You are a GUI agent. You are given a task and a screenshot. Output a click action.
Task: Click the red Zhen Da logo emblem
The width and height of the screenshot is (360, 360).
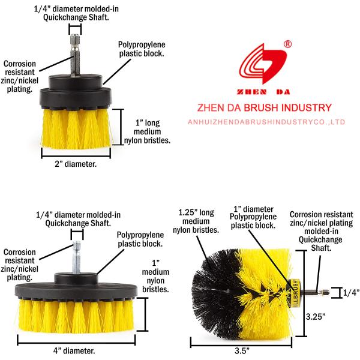pos(263,64)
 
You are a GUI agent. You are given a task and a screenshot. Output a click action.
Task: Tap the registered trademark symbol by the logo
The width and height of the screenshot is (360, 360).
pos(287,44)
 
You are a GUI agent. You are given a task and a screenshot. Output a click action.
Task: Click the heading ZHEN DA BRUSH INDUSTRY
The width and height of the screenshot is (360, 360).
pos(265,107)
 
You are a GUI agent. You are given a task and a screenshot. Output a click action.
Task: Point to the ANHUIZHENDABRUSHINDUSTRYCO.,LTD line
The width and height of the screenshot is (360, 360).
pos(266,122)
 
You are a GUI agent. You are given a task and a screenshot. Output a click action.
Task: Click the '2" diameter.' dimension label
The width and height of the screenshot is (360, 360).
pos(76,164)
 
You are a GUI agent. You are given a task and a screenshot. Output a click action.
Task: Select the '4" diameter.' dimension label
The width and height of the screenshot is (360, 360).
pos(74,351)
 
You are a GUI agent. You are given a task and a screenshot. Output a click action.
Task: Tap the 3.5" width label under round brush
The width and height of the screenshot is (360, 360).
pos(242,351)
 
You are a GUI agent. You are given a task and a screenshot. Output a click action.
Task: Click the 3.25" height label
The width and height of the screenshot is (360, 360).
pos(316,317)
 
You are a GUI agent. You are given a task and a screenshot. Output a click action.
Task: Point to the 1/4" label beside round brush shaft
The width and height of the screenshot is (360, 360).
pos(351,293)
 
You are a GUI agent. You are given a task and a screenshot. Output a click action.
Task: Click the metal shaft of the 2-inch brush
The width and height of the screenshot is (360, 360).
pos(75,55)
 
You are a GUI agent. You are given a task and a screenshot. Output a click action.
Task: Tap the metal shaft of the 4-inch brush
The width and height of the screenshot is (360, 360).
pos(76,257)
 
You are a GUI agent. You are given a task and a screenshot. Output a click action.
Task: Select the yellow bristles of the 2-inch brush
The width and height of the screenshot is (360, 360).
pos(76,128)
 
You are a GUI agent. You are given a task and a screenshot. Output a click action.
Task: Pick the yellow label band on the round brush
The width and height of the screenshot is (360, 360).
pos(295,293)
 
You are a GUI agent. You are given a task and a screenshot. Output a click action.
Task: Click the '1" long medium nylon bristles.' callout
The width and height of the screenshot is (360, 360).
pos(147,131)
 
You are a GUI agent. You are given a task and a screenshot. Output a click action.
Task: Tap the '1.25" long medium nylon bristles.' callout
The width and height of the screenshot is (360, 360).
pos(196,221)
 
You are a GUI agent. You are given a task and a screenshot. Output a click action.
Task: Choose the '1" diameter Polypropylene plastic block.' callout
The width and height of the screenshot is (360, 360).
pos(253,217)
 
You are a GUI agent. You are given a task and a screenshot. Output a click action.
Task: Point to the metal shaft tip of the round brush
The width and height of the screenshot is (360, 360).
pos(325,293)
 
